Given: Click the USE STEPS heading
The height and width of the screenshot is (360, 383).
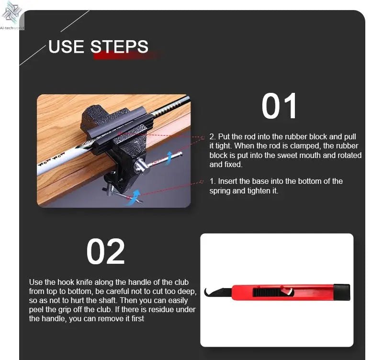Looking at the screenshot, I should click(x=98, y=46).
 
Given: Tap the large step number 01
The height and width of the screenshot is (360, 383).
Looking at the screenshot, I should click(x=279, y=106).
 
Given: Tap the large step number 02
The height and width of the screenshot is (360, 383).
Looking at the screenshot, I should click(x=105, y=252).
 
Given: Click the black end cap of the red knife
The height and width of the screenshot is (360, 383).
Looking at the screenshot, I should click(x=342, y=292).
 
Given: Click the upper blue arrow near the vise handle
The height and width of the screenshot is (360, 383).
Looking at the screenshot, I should click(x=169, y=157).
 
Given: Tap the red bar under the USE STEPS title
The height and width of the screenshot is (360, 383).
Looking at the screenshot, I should click(x=126, y=56).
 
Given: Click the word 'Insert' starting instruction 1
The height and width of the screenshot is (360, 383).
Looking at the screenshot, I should click(x=229, y=181).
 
